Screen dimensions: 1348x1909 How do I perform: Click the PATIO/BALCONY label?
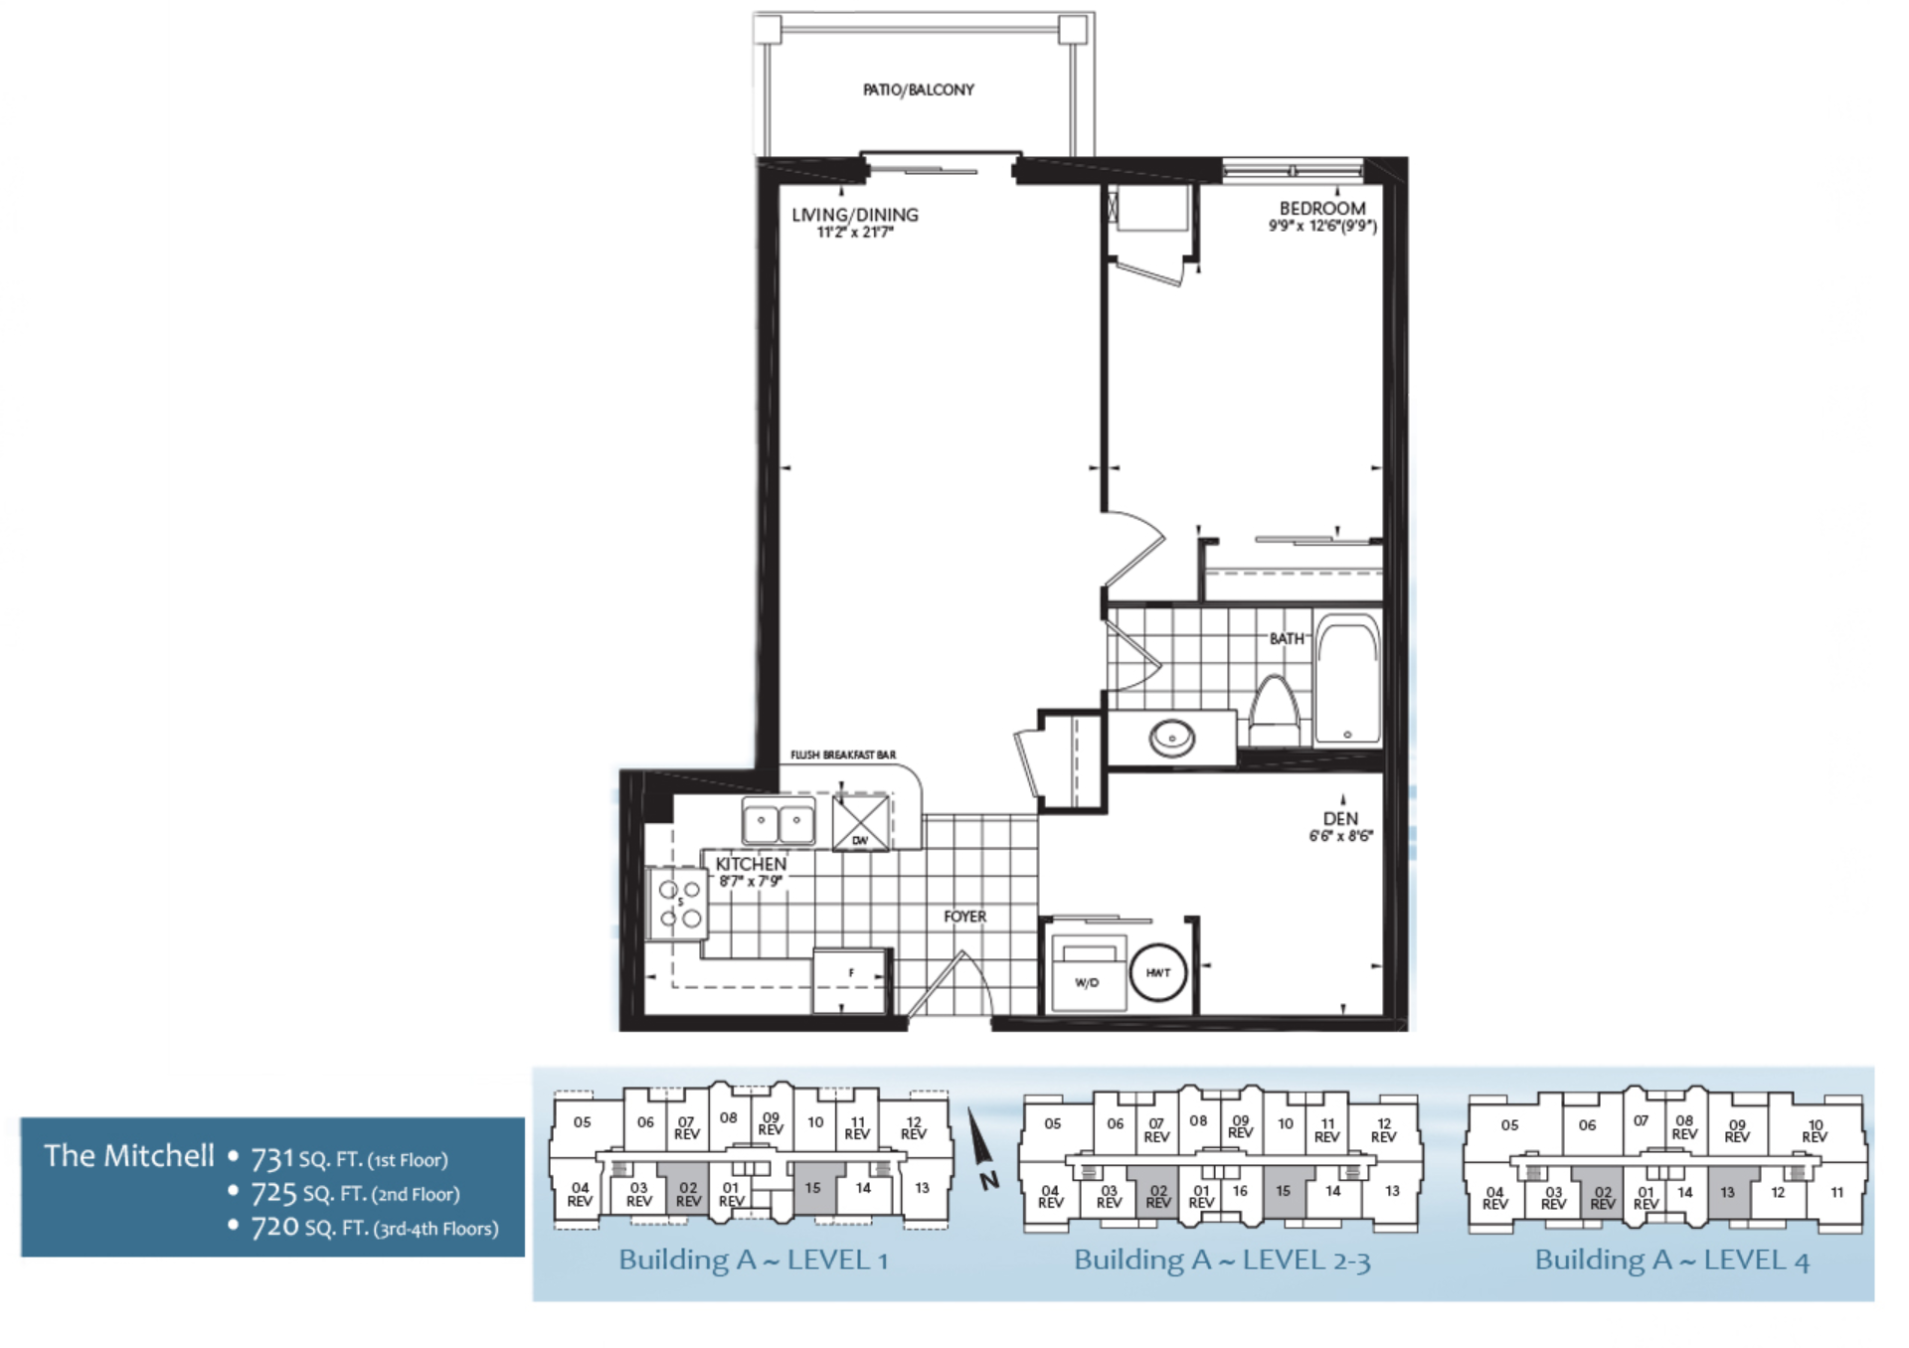(x=918, y=89)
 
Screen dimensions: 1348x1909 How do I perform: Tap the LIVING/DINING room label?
(x=854, y=215)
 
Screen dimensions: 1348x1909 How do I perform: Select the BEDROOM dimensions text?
(x=1322, y=227)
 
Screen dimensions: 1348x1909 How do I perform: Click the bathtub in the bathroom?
(x=1347, y=681)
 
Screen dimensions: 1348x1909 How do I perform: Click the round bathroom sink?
(x=1172, y=738)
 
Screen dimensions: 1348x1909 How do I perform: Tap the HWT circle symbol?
(x=1158, y=973)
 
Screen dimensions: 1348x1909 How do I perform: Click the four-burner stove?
(x=678, y=903)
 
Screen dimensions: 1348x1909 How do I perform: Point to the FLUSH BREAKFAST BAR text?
(x=843, y=755)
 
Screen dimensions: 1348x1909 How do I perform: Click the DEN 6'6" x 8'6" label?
(x=1340, y=826)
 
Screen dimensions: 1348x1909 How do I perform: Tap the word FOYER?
(x=964, y=917)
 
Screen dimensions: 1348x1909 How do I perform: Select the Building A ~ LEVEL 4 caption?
(x=1671, y=1261)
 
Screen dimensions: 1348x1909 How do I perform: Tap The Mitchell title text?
(x=129, y=1155)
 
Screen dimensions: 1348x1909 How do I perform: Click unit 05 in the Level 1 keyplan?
(x=583, y=1121)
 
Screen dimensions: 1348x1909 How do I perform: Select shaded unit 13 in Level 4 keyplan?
(x=1728, y=1193)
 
